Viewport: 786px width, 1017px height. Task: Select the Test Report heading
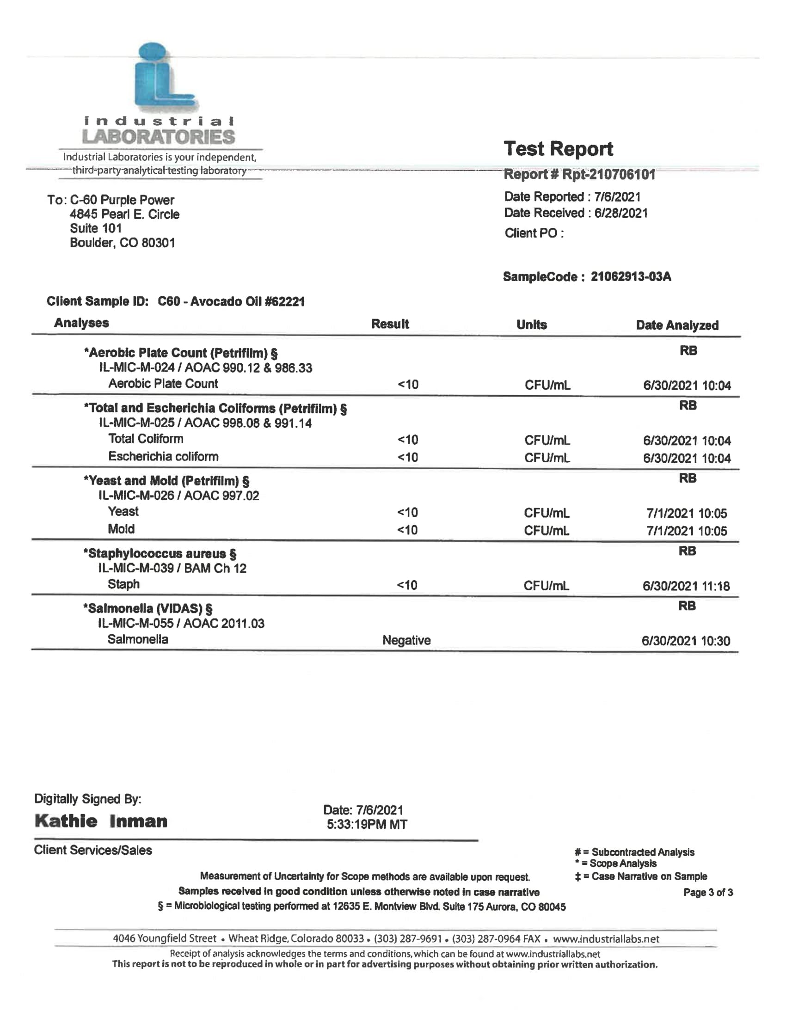(558, 149)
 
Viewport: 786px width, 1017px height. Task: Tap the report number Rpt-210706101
(608, 175)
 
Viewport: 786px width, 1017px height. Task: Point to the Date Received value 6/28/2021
(620, 213)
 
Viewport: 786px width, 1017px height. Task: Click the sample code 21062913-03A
(631, 277)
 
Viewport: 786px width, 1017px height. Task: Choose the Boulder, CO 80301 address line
(122, 243)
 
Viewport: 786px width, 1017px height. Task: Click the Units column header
(531, 325)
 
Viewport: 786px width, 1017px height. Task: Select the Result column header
(390, 324)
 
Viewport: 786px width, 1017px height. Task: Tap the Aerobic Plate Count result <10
(408, 385)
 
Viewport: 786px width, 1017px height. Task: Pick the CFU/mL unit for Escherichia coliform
(547, 458)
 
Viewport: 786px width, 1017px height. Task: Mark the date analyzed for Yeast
(686, 514)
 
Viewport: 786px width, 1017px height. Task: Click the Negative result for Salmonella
(406, 641)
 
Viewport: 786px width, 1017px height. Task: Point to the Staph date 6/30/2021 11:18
(686, 586)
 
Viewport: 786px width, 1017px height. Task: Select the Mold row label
(121, 529)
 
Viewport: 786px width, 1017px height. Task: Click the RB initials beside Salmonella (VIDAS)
(687, 607)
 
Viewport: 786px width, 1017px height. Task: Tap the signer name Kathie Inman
(101, 821)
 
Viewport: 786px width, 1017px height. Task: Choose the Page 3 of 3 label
(708, 893)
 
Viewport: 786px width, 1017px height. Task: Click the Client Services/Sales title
(93, 850)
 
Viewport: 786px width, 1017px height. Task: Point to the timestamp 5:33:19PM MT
(367, 825)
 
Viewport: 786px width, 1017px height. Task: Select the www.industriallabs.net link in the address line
(606, 939)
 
